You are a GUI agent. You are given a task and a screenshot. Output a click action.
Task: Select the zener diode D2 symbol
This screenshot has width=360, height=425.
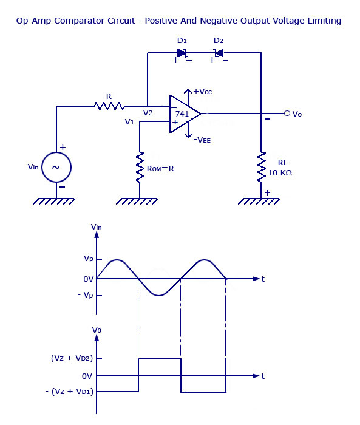218,53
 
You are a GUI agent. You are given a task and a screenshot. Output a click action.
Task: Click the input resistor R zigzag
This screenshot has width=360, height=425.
109,106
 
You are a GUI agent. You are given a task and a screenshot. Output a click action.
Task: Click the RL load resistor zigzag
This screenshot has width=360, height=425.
261,166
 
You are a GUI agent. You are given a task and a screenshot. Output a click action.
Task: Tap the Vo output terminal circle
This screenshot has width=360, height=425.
287,113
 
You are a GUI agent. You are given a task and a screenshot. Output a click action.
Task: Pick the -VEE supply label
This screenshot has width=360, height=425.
202,140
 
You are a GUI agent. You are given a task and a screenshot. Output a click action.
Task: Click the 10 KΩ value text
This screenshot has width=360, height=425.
280,173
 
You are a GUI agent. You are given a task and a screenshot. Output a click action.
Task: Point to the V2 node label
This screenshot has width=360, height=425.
148,113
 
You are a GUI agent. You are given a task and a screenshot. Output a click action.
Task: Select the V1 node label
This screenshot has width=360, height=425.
129,122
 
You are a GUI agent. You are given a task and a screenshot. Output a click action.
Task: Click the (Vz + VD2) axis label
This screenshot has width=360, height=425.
72,358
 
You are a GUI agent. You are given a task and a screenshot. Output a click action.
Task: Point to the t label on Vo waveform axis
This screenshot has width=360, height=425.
263,376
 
